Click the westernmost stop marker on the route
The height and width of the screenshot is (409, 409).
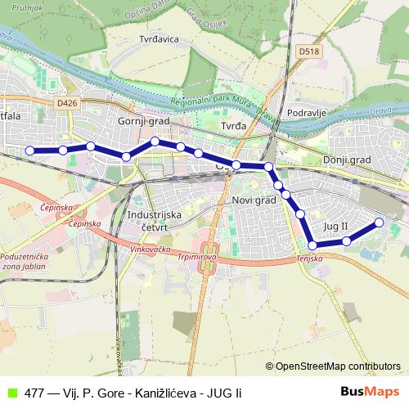[30, 151]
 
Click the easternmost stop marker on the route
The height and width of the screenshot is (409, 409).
[380, 222]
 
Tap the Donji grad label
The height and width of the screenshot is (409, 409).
[347, 160]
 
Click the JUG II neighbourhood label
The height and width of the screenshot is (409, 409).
[335, 225]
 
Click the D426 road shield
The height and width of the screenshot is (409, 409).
[69, 104]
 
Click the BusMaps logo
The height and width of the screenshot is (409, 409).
[370, 392]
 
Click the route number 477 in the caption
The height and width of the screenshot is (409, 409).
[34, 393]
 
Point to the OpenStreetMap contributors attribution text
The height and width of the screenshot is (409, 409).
[337, 366]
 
